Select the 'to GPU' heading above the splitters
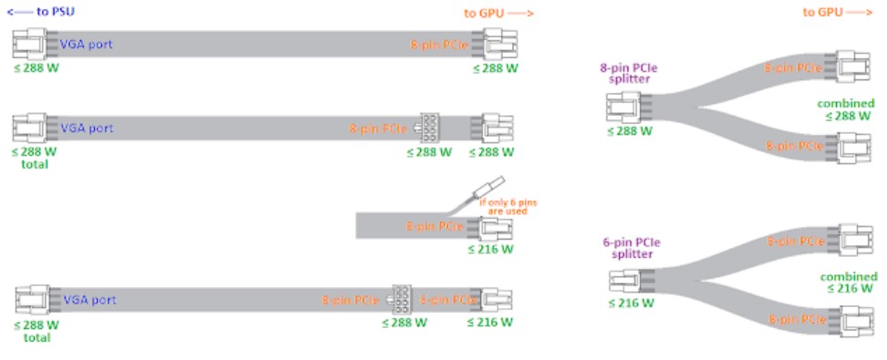coord(837,13)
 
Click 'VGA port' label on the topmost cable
coord(87,44)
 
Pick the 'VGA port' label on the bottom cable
coord(89,299)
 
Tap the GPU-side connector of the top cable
coord(500,44)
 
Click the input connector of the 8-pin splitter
coord(624,108)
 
